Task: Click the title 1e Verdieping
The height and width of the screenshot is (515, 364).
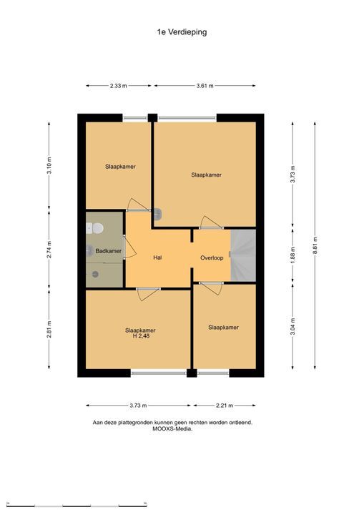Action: (x=182, y=32)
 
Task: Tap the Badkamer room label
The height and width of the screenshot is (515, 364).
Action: (x=109, y=251)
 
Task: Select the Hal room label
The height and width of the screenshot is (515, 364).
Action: (x=158, y=257)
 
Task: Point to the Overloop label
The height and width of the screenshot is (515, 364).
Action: (x=212, y=257)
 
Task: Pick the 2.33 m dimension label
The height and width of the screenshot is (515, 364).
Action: (x=118, y=86)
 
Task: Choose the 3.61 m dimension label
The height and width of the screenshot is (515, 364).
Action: (x=205, y=86)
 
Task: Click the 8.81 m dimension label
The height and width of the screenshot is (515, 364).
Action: (x=315, y=245)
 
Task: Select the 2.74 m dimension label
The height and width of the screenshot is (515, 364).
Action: (x=49, y=250)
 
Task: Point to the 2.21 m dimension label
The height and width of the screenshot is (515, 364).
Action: (x=225, y=406)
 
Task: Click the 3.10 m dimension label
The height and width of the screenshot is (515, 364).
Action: (x=49, y=166)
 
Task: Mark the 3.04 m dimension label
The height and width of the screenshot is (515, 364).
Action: (x=292, y=327)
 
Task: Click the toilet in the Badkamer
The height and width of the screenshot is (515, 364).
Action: (x=95, y=228)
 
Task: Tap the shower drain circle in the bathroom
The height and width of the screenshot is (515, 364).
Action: (x=95, y=274)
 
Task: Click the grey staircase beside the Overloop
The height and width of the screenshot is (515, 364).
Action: (x=243, y=255)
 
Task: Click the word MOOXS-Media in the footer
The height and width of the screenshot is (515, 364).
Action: (x=172, y=428)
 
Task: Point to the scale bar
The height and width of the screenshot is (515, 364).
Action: (x=77, y=506)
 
